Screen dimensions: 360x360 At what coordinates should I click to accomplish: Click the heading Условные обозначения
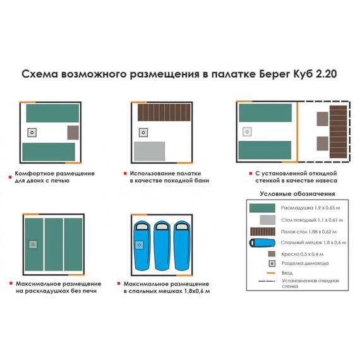297,194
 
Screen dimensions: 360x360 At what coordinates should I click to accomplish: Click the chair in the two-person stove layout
73,133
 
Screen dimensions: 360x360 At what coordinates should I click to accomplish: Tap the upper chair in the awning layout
322,119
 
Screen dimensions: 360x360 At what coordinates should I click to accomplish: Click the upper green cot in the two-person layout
53,113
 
